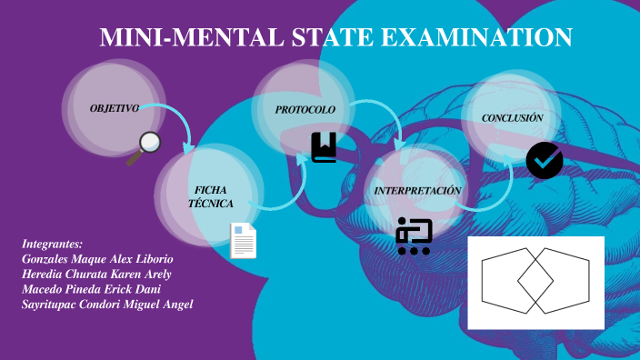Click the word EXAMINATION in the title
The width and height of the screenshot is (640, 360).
(474, 37)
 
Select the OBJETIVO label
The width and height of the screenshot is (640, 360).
(115, 108)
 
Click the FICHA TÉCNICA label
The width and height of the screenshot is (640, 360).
(211, 196)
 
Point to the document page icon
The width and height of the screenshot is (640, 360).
(244, 241)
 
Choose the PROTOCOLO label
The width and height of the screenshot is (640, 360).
(305, 109)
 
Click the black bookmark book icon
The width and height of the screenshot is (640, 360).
(324, 147)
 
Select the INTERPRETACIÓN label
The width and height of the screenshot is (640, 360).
(418, 190)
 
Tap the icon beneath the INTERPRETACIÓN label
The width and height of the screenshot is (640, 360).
(414, 236)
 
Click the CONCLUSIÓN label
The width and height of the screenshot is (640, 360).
(513, 118)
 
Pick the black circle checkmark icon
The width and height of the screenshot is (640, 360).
(545, 161)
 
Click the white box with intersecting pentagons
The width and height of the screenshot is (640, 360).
(535, 282)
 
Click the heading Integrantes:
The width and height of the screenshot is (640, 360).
(52, 244)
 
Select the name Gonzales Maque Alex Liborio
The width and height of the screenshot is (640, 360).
(96, 259)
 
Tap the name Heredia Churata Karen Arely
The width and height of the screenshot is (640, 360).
(96, 274)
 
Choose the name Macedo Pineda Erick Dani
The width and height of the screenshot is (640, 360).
(91, 288)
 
